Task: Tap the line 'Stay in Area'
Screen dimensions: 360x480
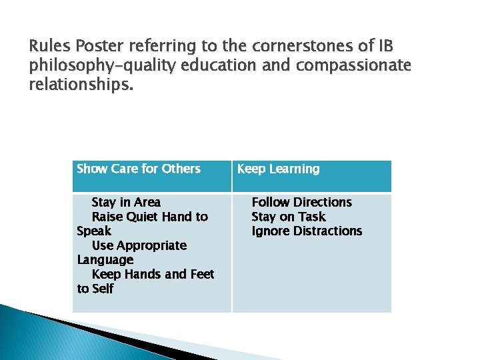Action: [x=126, y=202]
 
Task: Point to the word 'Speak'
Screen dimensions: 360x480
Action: [x=94, y=231]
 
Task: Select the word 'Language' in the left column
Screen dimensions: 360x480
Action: [x=105, y=260]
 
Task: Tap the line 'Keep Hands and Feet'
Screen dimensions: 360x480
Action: [x=153, y=274]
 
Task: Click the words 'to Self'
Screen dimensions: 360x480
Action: [x=95, y=289]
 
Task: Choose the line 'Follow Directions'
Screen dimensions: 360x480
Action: [x=301, y=202]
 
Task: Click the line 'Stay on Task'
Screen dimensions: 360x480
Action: [x=288, y=217]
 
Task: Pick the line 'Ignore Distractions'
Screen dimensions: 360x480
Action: [x=307, y=231]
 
